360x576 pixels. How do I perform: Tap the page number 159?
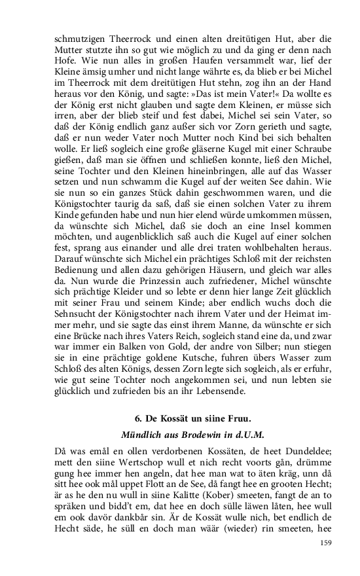(x=312, y=543)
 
